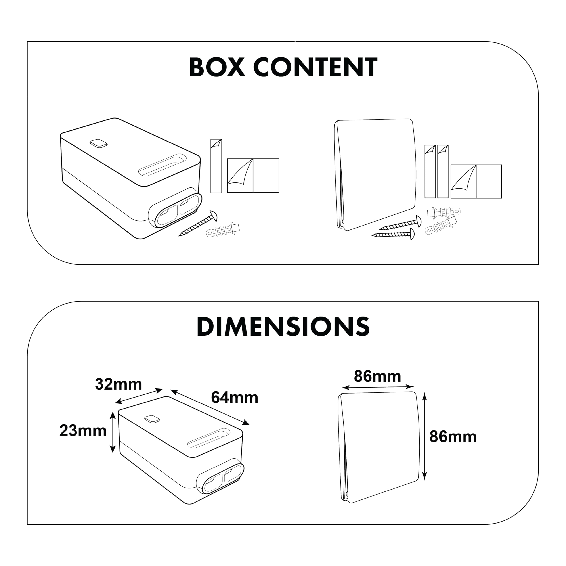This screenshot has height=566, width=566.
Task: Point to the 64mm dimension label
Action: pyautogui.click(x=234, y=398)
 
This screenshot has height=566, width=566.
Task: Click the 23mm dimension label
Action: pyautogui.click(x=83, y=431)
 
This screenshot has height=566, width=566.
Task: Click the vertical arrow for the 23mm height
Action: pyautogui.click(x=113, y=432)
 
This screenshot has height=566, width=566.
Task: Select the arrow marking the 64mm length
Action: pyautogui.click(x=210, y=407)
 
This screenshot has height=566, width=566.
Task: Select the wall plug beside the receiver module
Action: pyautogui.click(x=223, y=231)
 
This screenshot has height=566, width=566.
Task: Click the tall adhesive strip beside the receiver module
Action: pyautogui.click(x=216, y=166)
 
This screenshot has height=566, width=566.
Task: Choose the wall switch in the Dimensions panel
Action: pyautogui.click(x=378, y=447)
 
